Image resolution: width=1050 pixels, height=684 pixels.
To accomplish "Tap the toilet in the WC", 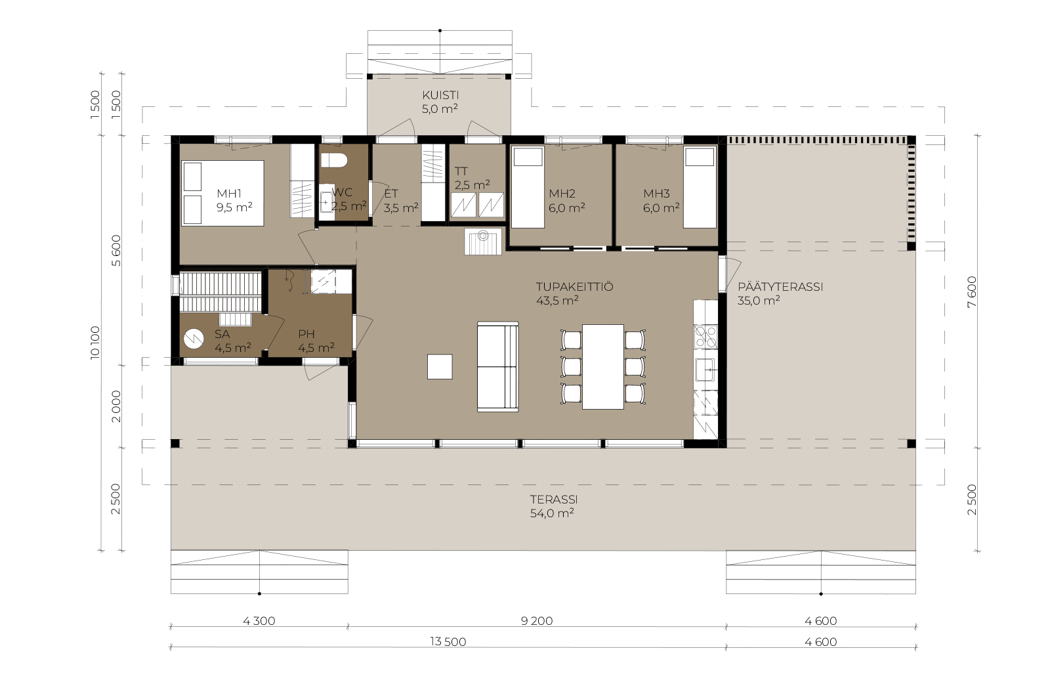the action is [334, 160].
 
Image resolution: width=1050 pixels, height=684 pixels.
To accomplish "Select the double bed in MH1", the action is [222, 193].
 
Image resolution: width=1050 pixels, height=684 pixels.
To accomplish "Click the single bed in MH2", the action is [528, 187].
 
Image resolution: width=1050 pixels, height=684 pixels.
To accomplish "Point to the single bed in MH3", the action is [700, 187].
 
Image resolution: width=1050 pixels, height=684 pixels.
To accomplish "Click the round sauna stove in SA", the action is [193, 339].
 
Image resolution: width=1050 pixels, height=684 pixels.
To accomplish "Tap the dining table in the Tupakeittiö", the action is [603, 366].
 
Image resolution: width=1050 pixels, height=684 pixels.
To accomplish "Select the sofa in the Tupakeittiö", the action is [498, 366].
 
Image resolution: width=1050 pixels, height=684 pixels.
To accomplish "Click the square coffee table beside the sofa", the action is [440, 366].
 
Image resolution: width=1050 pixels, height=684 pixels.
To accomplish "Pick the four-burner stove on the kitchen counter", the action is [705, 337].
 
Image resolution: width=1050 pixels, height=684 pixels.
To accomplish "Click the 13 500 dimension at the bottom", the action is [448, 641].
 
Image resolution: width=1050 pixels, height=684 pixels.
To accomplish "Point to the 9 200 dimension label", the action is [537, 621].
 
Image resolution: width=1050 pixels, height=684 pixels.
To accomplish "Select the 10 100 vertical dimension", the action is [95, 342].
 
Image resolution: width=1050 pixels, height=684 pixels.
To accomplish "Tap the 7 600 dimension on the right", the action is [972, 291].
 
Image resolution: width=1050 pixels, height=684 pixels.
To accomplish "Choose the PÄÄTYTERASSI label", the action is [780, 287].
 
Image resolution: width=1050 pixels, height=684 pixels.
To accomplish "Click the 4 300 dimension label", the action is [259, 621].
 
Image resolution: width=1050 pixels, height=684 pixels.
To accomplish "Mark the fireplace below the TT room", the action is [483, 242].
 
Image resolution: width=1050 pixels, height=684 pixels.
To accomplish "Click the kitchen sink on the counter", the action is [705, 369].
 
